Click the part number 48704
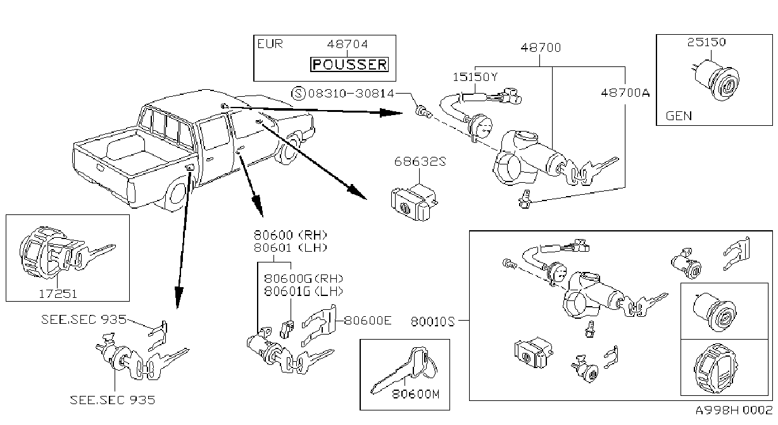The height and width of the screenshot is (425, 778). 347,44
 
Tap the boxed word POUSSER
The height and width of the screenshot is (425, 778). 349,65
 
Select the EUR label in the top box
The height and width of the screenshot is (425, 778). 270,44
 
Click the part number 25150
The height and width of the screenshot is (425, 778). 706,42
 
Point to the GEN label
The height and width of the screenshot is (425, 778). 679,116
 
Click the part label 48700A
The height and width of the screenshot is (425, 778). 625,93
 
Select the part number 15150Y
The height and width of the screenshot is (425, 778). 475,77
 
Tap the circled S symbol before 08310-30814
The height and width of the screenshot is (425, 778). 298,94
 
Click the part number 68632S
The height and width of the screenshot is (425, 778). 420,161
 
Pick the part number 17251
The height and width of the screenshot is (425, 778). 58,294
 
